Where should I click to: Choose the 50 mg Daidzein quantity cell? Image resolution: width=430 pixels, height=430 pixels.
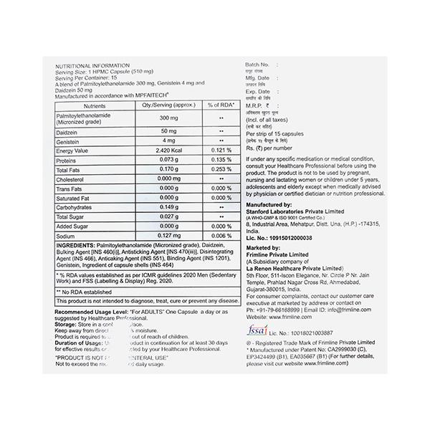click(x=168, y=133)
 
